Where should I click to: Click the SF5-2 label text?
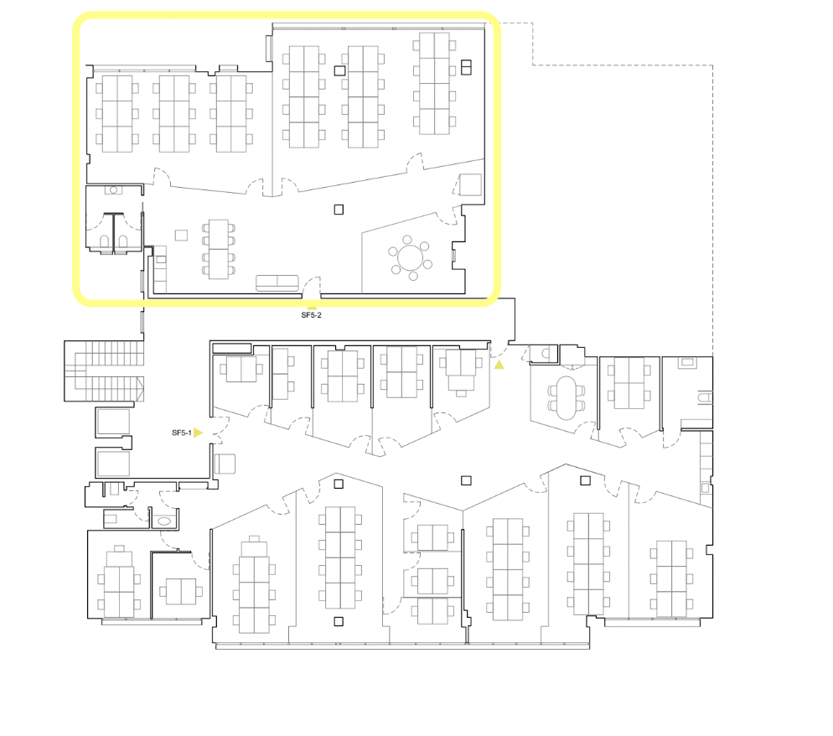pos(311,315)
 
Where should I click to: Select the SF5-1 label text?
pos(182,433)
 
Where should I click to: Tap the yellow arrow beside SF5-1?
pos(198,433)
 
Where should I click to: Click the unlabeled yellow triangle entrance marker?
pos(499,365)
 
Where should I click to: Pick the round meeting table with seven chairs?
pos(410,258)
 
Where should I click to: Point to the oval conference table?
pos(567,397)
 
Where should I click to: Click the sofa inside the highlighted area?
pos(277,283)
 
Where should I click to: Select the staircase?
pos(104,371)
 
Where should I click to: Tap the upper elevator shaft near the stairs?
pos(113,422)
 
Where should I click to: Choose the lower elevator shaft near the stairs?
pos(113,463)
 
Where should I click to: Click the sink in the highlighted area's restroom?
pos(113,189)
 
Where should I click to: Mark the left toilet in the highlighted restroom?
pos(105,242)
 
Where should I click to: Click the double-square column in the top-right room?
pos(466,68)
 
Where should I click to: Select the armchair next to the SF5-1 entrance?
pos(225,464)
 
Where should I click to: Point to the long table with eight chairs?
pos(219,249)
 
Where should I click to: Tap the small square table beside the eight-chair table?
pos(181,235)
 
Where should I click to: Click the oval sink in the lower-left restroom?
pos(164,521)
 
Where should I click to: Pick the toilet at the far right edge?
pos(705,397)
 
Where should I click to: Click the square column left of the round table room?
pos(339,210)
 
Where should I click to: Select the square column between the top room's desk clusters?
pos(339,70)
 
